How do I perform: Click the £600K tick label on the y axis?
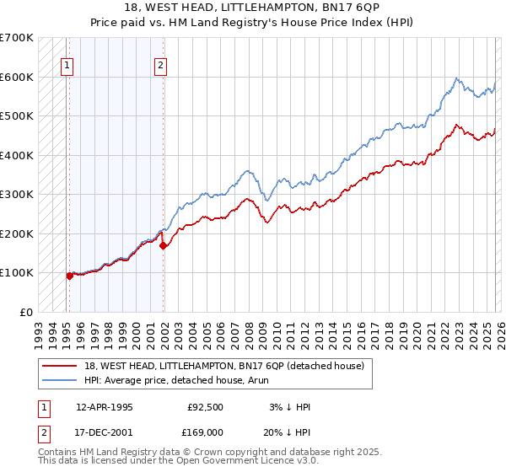17,77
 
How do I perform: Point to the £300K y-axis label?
17,194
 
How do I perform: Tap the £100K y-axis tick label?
17,272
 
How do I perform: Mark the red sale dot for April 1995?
69,276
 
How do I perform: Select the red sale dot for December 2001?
163,245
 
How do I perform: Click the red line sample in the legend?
60,366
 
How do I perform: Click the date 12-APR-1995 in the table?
105,406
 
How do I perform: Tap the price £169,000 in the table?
204,432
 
